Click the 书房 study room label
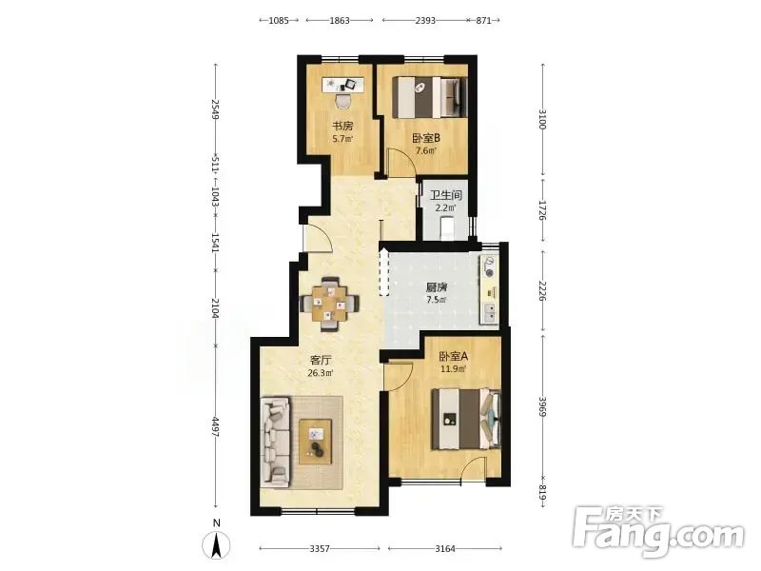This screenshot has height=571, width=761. click(342, 127)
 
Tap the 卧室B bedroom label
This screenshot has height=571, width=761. click(426, 138)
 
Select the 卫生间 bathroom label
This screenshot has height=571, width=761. click(445, 196)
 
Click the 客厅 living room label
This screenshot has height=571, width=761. click(321, 361)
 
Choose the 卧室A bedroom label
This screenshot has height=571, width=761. click(454, 356)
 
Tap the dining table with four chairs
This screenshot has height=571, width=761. click(330, 304)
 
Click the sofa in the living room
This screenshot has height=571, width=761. click(275, 442)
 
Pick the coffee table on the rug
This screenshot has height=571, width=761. click(316, 442)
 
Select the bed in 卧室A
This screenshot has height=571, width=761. click(466, 419)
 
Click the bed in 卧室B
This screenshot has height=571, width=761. click(430, 97)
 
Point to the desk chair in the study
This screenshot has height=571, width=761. click(343, 101)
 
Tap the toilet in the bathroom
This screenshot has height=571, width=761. click(446, 228)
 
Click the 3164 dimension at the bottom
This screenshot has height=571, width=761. click(445, 549)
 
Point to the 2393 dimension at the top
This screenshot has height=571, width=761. click(425, 20)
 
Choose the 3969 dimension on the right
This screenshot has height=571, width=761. click(542, 404)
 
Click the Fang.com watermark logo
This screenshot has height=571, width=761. click(658, 532)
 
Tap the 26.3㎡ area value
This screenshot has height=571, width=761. click(321, 373)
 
